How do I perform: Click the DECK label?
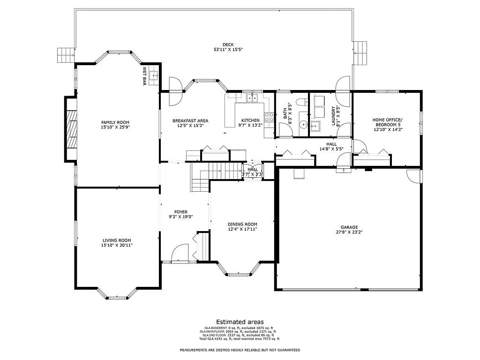point(228,45)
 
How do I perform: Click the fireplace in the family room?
point(71,129)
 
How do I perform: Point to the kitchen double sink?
point(253,98)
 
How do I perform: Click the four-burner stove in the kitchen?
point(269,117)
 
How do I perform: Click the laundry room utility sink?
point(315,125)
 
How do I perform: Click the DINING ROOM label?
point(242,224)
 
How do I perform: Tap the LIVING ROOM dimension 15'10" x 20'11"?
point(117,245)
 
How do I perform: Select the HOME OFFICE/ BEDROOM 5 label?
point(387,122)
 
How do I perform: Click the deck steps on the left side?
point(66,55)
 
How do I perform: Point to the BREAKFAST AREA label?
point(190,120)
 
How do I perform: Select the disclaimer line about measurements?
point(240,350)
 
